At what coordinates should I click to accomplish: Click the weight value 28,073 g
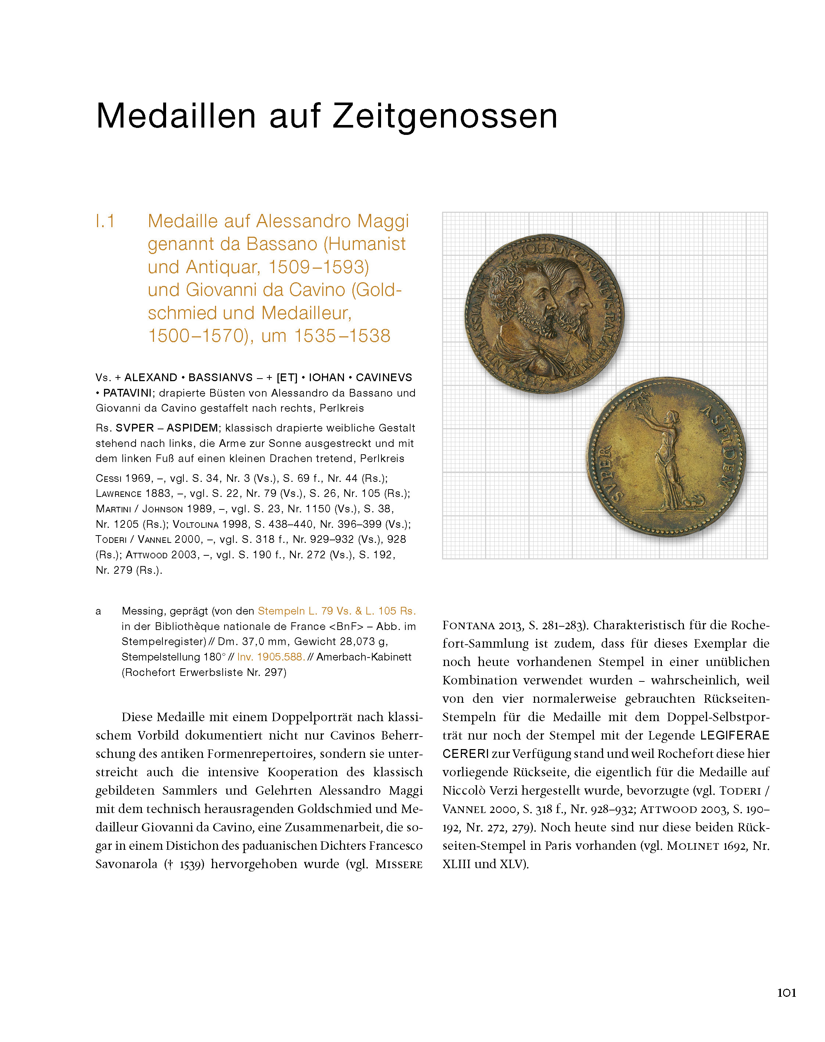(362, 641)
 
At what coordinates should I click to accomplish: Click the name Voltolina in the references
(195, 524)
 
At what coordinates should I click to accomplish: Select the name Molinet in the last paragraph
(693, 846)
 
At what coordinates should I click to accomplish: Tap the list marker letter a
(98, 612)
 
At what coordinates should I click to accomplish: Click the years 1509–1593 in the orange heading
(318, 267)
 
